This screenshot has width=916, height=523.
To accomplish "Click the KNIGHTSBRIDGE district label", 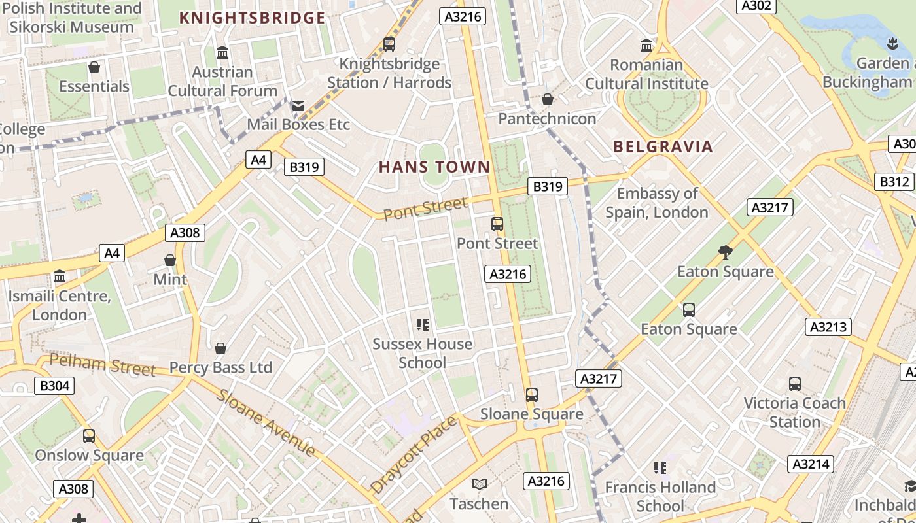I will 252,18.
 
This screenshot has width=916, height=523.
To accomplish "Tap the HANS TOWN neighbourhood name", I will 434,167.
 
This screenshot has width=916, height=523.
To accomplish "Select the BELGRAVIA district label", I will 663,146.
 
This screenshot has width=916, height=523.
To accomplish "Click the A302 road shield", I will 757,6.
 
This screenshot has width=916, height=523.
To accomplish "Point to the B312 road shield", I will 894,181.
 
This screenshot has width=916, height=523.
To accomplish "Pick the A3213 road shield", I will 828,326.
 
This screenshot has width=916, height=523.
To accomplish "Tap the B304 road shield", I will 54,386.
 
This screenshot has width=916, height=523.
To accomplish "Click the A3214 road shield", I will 811,464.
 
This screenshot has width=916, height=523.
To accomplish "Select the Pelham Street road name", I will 103,365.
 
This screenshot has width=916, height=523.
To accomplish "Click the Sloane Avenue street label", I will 266,422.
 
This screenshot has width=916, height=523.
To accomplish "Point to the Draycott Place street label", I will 414,454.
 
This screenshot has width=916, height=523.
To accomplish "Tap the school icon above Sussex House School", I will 422,324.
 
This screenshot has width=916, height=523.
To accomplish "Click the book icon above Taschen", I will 480,484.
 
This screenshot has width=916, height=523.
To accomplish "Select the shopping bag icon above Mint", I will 170,260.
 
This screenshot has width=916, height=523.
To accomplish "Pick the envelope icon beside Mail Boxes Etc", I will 298,106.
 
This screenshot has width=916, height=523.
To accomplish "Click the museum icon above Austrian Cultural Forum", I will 222,52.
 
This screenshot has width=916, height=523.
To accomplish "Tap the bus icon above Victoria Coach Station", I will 795,384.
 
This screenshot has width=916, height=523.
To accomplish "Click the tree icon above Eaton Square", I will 725,252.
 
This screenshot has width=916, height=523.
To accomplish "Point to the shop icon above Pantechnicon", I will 548,99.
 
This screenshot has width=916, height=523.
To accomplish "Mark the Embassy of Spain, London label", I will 657,203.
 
